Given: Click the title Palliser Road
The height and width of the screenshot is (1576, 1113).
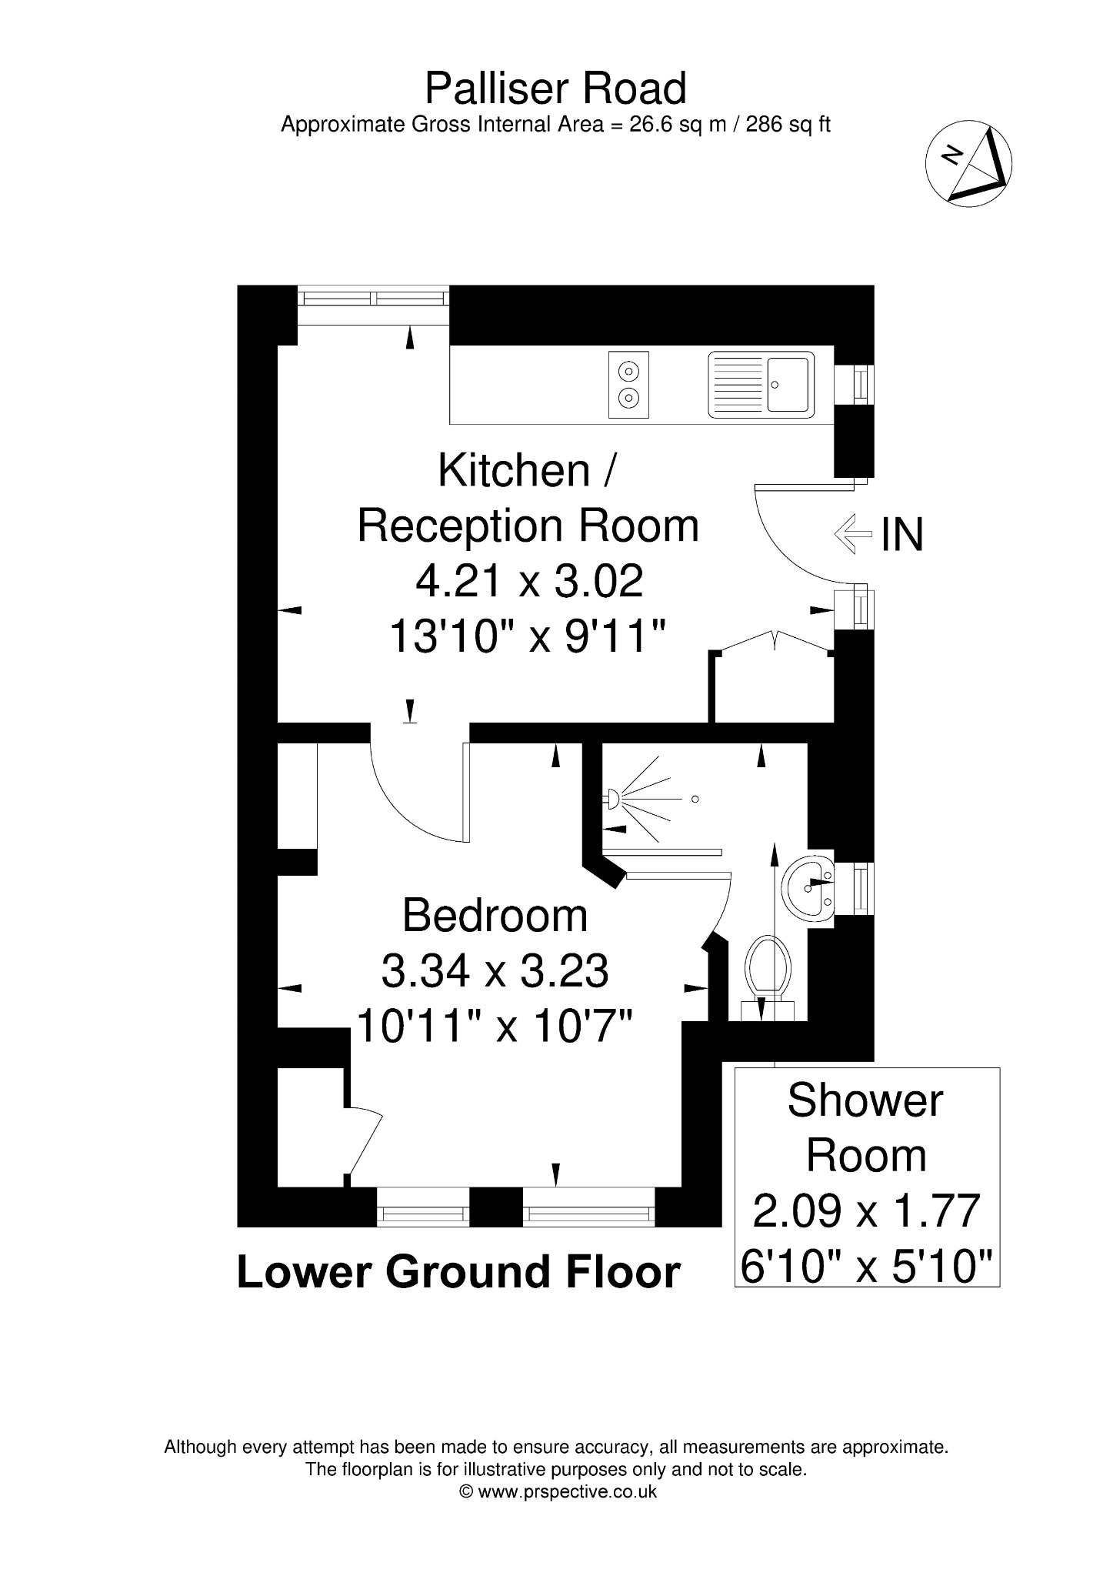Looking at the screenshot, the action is [555, 88].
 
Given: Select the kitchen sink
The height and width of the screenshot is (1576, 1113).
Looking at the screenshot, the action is [761, 385].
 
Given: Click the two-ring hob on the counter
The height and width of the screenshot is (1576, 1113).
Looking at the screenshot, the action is [628, 385].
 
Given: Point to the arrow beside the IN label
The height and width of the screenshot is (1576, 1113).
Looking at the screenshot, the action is [853, 533].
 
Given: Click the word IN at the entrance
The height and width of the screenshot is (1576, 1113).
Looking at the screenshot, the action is [902, 534].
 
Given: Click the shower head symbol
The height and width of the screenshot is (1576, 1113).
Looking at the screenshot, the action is [613, 800].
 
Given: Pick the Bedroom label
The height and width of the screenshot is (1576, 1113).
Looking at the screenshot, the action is [495, 916].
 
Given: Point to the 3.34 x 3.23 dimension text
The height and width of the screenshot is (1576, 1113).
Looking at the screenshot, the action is [495, 971].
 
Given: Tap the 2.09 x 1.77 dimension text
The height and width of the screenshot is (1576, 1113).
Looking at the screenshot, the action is [867, 1210].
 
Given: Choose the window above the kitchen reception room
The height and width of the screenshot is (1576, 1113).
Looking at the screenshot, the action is [373, 306].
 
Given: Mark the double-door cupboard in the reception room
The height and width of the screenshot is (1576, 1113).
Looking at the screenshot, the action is [772, 677].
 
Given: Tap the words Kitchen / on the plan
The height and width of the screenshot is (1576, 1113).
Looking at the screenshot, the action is [526, 470].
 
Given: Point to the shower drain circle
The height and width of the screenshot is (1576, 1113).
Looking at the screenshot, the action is [695, 800].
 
